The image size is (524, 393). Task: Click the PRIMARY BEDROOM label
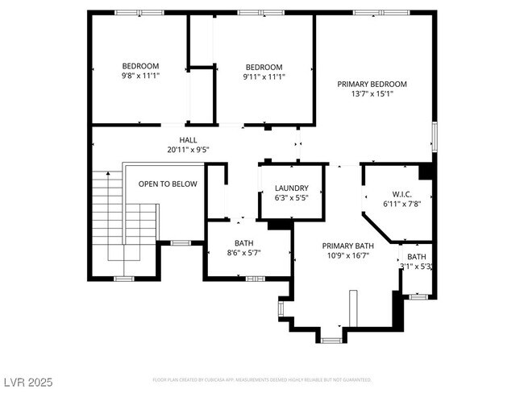[372, 84]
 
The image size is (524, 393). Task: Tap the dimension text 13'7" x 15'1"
[372, 93]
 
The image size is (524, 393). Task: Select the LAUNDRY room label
[291, 188]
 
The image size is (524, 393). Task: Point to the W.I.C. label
[403, 193]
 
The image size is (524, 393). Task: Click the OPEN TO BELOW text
[168, 184]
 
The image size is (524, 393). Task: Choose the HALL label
[188, 139]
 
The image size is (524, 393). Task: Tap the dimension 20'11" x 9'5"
[188, 149]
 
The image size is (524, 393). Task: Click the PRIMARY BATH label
[348, 246]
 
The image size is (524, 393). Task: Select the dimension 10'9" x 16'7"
[348, 255]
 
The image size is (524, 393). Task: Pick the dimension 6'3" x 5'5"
[291, 197]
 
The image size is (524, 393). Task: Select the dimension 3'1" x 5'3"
[417, 266]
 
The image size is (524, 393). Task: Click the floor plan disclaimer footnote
[262, 379]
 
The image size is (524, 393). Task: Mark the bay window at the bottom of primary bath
[331, 340]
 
